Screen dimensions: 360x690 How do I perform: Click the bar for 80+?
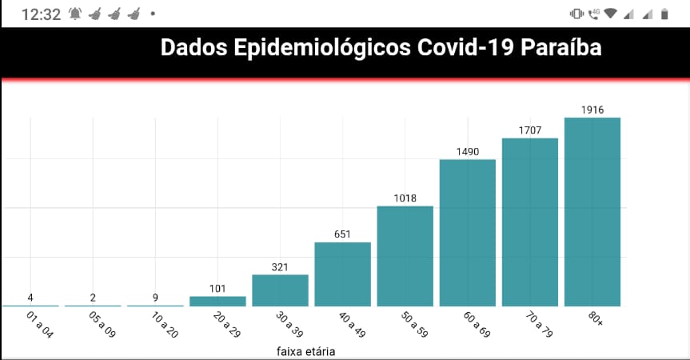click(592, 212)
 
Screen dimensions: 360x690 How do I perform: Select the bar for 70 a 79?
click(530, 222)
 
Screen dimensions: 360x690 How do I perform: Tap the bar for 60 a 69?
click(468, 233)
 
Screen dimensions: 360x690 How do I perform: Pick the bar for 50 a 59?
click(405, 256)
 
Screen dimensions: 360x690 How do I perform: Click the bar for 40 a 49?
click(343, 274)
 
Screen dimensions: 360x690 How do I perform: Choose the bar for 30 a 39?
click(281, 290)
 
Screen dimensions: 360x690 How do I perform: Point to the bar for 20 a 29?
click(217, 301)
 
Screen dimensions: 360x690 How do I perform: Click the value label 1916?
click(592, 110)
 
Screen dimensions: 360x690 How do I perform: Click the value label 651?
click(343, 234)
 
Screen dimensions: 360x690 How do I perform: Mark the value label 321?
click(280, 267)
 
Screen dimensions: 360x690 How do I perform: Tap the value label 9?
click(155, 298)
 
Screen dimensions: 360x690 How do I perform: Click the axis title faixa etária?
click(306, 351)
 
